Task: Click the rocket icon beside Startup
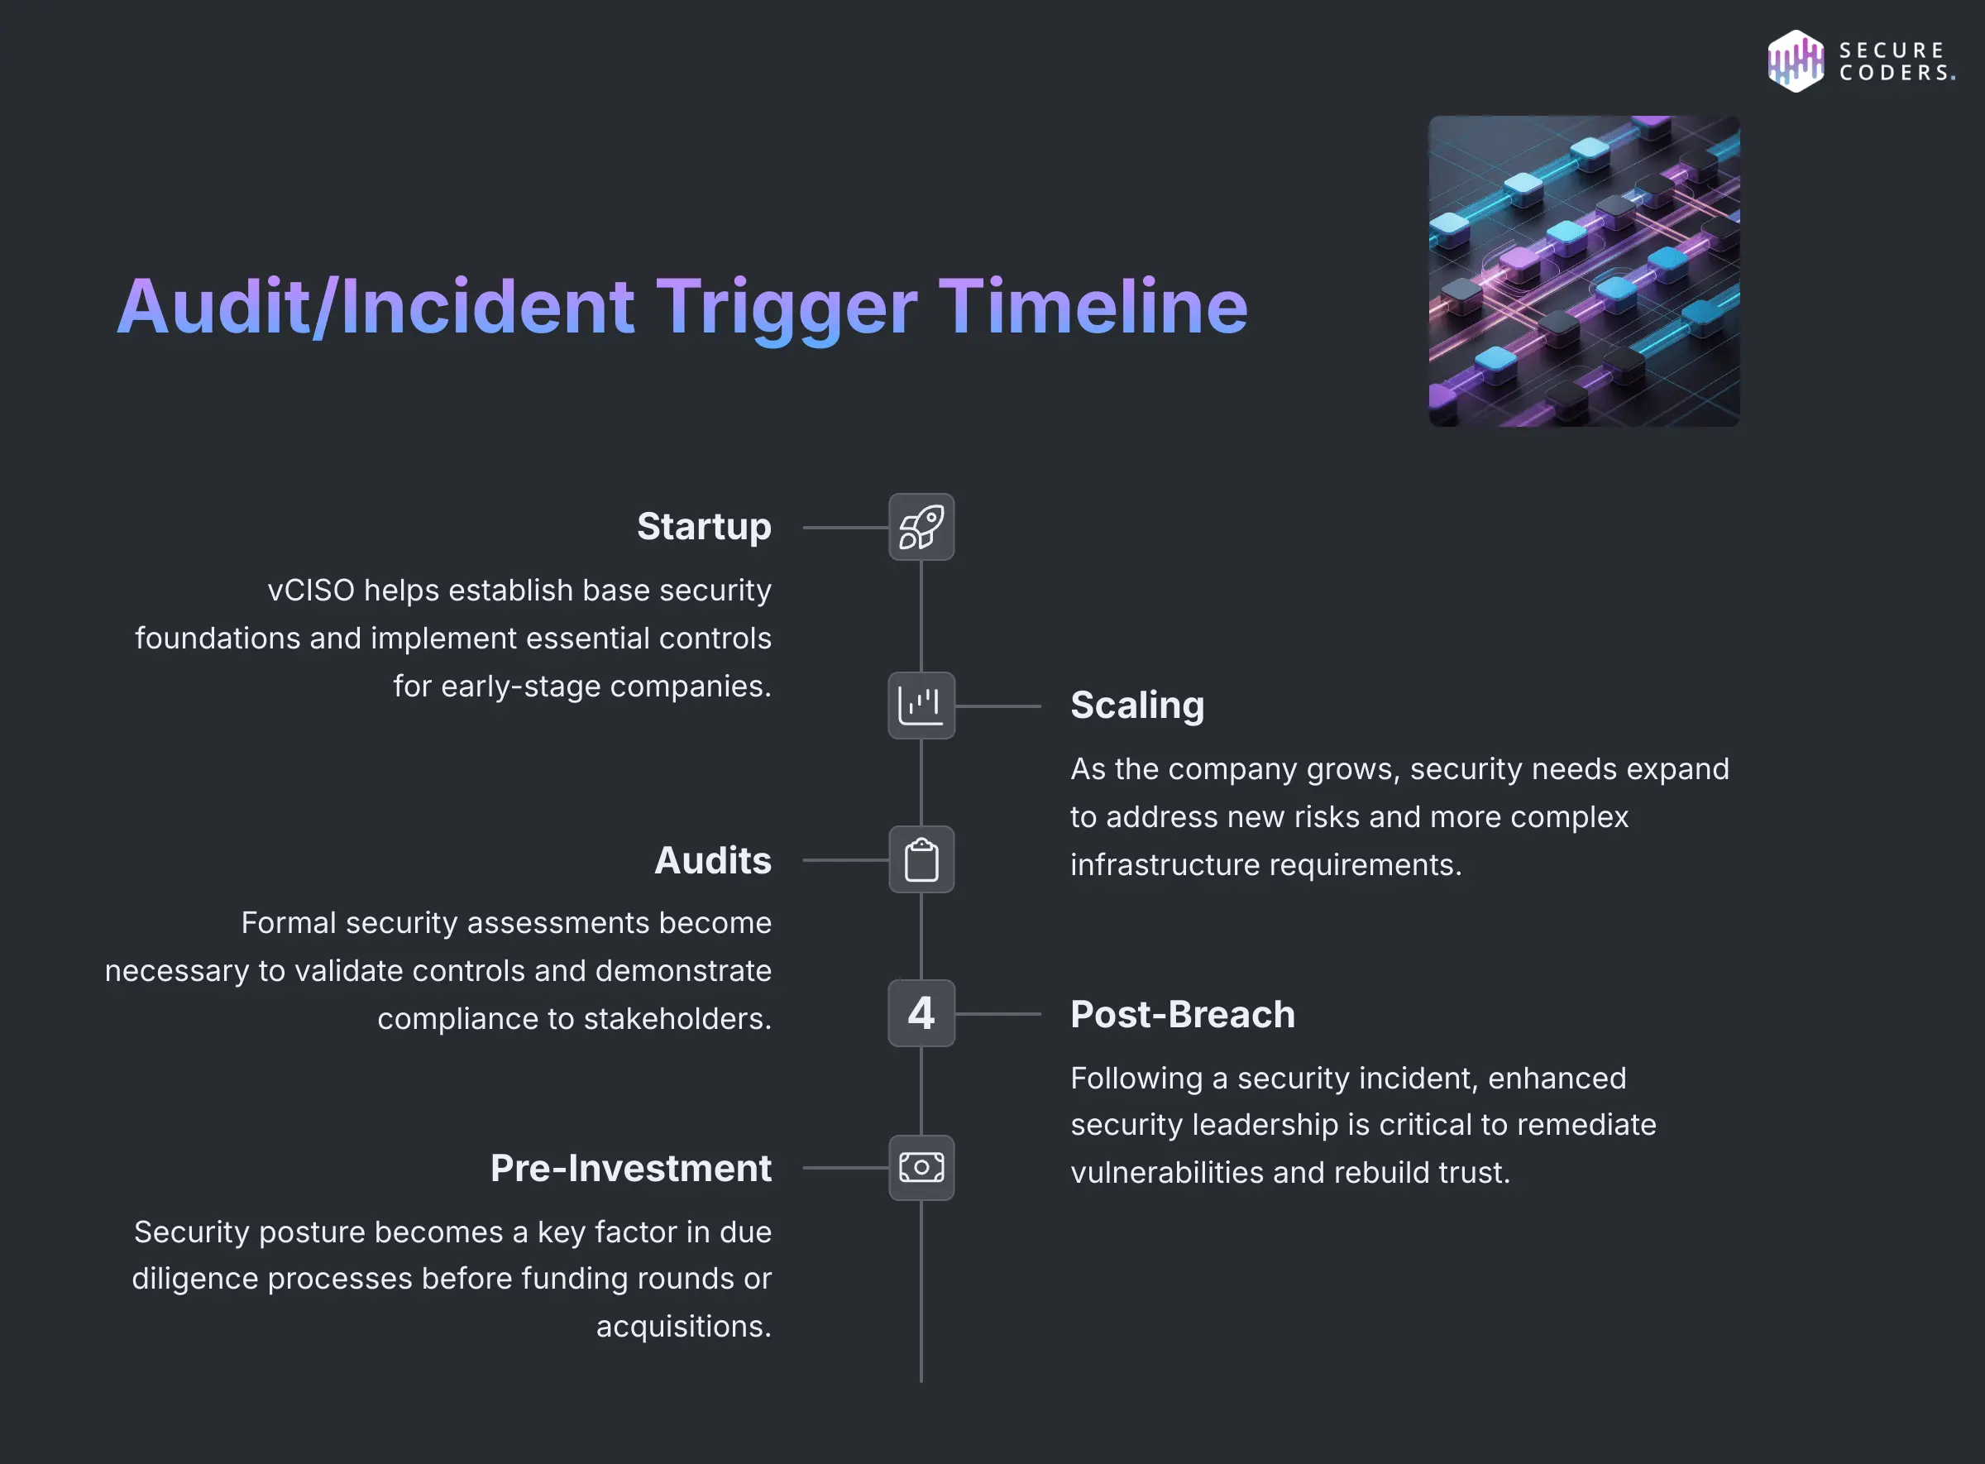[x=921, y=528]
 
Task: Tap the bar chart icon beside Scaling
[x=921, y=706]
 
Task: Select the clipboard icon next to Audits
[x=921, y=859]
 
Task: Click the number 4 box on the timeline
[x=921, y=1013]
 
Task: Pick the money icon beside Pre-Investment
[x=921, y=1167]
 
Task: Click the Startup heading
[x=704, y=526]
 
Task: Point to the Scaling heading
[x=1137, y=706]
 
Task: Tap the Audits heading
[x=712, y=860]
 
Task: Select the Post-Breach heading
[x=1182, y=1014]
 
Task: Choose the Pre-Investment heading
[x=631, y=1168]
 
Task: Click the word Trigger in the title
[x=786, y=308]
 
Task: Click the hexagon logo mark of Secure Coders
[x=1796, y=61]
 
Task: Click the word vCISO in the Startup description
[x=311, y=591]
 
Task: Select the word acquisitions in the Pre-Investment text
[x=683, y=1326]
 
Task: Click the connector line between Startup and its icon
[x=845, y=528]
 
